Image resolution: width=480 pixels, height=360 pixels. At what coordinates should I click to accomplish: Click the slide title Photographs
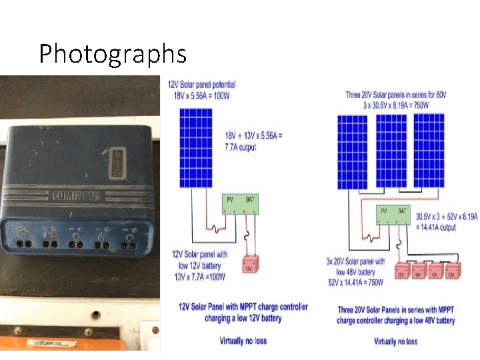coord(112,53)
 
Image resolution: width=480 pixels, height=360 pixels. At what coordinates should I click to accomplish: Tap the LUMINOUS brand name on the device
coord(77,195)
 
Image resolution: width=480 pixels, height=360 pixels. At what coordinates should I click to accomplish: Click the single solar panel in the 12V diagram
coord(195,149)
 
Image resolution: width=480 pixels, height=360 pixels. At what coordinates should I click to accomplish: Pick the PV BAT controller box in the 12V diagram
coord(240,204)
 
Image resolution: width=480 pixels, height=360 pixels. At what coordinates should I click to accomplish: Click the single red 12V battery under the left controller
coord(249,264)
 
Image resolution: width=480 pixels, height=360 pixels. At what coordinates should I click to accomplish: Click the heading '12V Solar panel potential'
coord(201,85)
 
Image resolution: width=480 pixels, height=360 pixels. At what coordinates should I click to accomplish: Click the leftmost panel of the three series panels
coord(353,151)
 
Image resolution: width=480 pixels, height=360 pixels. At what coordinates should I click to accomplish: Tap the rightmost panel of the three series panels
coord(428,151)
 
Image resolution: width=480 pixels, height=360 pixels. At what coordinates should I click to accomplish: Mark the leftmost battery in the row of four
coord(401,271)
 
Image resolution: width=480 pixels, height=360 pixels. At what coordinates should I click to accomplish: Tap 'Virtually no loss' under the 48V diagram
coord(396,341)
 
